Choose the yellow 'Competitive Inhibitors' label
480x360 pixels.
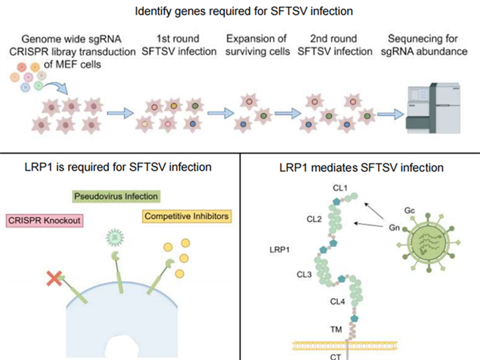point(187,217)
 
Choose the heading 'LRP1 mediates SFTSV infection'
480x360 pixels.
point(359,167)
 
